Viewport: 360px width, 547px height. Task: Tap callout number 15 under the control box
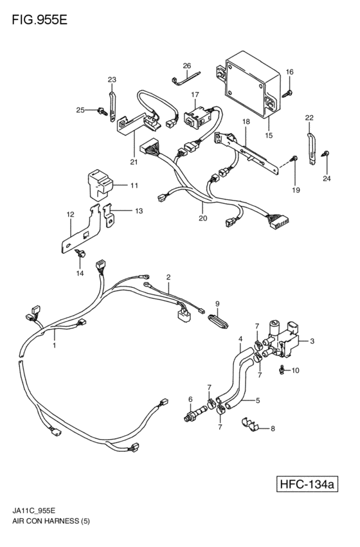pyautogui.click(x=269, y=136)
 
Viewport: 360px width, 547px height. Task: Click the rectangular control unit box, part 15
pyautogui.click(x=250, y=82)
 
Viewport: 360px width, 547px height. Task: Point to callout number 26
pyautogui.click(x=186, y=66)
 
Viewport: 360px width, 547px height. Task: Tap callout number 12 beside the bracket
pyautogui.click(x=69, y=215)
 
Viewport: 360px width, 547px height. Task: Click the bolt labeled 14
pyautogui.click(x=81, y=255)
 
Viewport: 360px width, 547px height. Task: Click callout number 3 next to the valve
pyautogui.click(x=312, y=341)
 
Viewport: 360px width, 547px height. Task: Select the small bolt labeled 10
pyautogui.click(x=282, y=370)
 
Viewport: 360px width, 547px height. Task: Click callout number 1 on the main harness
pyautogui.click(x=54, y=345)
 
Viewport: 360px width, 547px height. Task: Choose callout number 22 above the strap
pyautogui.click(x=309, y=118)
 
